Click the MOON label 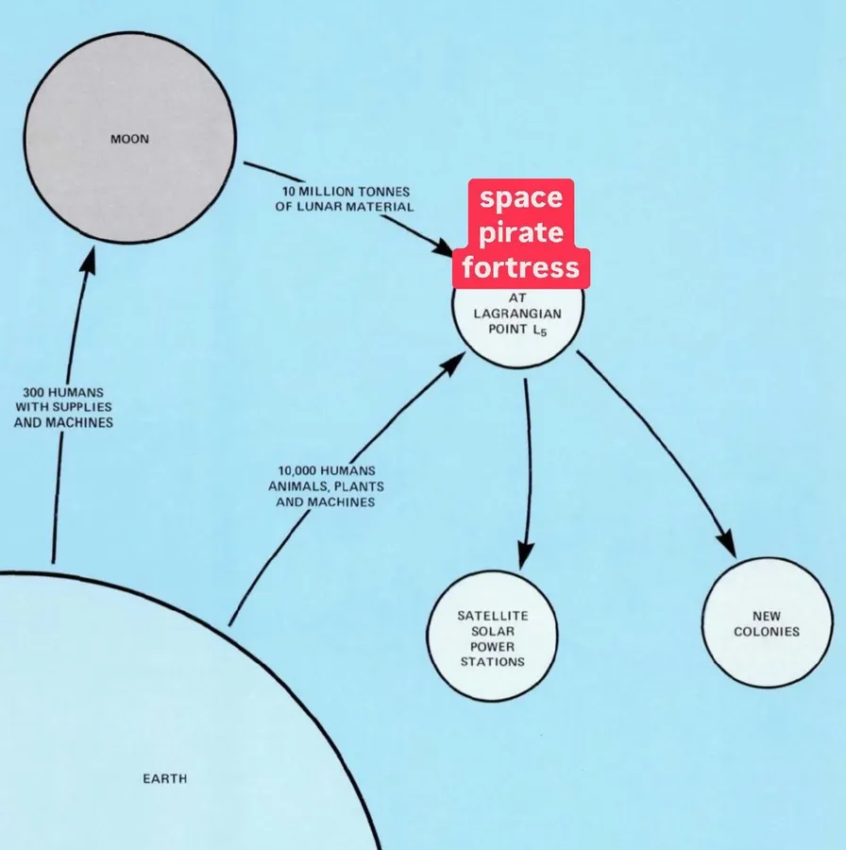pyautogui.click(x=129, y=140)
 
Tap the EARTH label pyautogui.click(x=164, y=778)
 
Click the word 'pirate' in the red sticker pyautogui.click(x=521, y=232)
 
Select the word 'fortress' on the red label pyautogui.click(x=521, y=266)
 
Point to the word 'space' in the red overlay pyautogui.click(x=521, y=198)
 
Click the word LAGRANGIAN pyautogui.click(x=517, y=314)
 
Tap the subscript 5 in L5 pyautogui.click(x=543, y=332)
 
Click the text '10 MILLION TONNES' pyautogui.click(x=346, y=192)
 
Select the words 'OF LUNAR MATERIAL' pyautogui.click(x=344, y=207)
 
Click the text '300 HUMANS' pyautogui.click(x=63, y=392)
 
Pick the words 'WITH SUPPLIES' pyautogui.click(x=63, y=407)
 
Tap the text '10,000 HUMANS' pyautogui.click(x=327, y=470)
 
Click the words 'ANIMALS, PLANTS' pyautogui.click(x=327, y=486)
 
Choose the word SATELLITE pyautogui.click(x=493, y=616)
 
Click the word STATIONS pyautogui.click(x=493, y=662)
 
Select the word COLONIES pyautogui.click(x=767, y=632)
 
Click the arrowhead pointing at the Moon pyautogui.click(x=88, y=261)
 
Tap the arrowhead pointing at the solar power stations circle pyautogui.click(x=524, y=554)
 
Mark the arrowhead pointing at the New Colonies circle pyautogui.click(x=726, y=542)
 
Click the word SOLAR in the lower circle pyautogui.click(x=493, y=631)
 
